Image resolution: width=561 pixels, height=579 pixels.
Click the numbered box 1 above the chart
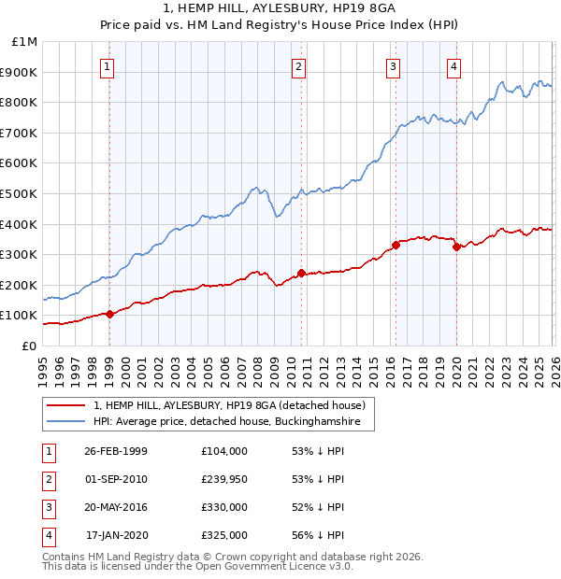click(x=109, y=66)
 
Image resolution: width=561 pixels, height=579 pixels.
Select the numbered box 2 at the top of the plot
click(x=298, y=66)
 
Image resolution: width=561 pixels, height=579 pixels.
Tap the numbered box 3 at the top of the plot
click(x=394, y=66)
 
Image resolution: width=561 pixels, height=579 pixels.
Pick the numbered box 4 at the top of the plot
click(x=453, y=66)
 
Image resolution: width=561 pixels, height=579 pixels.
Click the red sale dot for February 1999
click(x=110, y=314)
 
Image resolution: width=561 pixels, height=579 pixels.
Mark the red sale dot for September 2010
click(x=301, y=273)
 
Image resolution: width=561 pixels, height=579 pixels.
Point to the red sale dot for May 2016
click(x=396, y=245)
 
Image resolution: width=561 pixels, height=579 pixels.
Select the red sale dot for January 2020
click(x=456, y=247)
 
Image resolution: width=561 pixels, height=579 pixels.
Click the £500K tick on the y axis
click(x=21, y=193)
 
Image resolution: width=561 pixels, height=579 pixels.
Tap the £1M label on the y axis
click(x=24, y=42)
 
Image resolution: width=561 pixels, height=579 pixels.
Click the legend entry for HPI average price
click(x=227, y=422)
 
